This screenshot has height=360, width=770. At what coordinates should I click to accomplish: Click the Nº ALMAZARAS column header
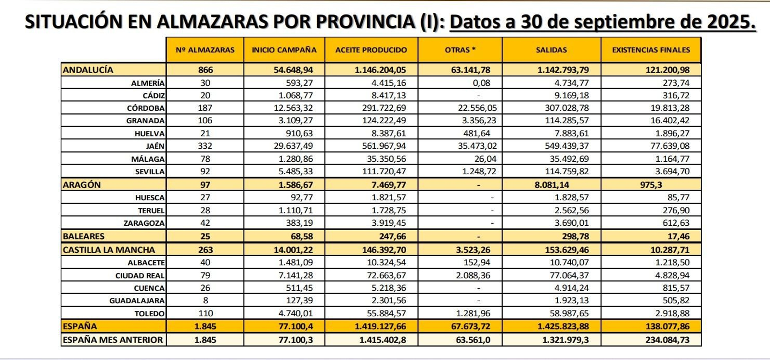205,50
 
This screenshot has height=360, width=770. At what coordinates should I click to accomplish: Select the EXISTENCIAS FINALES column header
651,50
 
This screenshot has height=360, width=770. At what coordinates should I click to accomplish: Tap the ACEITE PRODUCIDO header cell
371,50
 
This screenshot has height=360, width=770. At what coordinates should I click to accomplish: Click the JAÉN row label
155,146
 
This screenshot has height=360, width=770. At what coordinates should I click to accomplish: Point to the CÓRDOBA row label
145,108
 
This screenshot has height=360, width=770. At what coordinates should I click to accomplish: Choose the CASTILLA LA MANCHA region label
109,250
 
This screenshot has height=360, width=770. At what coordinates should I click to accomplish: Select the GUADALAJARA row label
137,301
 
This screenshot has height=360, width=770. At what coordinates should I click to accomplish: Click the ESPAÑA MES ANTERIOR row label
113,340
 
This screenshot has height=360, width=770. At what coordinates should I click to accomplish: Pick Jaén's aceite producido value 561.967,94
384,146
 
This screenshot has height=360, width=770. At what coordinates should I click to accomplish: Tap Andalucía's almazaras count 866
205,70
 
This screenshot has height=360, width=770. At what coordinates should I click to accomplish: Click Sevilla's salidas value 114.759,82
566,171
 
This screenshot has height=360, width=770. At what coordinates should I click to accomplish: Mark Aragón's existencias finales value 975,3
651,185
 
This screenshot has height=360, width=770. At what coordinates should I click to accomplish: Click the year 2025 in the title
731,22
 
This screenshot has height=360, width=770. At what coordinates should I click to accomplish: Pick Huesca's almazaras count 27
205,197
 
